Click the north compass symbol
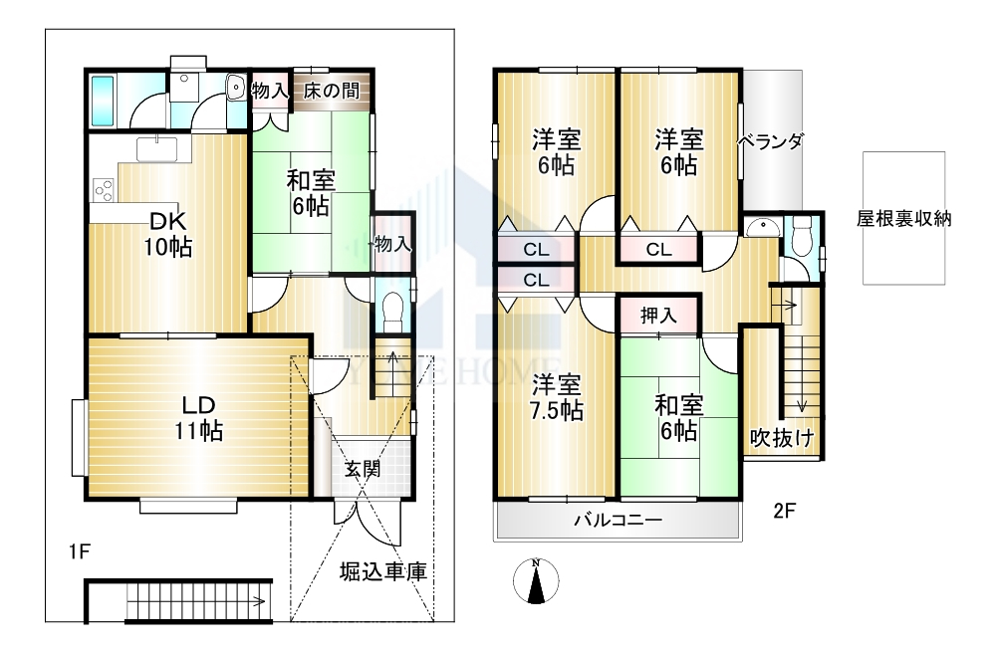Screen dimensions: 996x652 click(x=536, y=580)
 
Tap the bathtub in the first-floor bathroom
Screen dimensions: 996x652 click(x=103, y=101)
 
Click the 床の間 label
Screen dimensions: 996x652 click(x=331, y=91)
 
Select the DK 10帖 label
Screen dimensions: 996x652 click(x=167, y=234)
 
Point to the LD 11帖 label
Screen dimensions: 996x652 click(x=199, y=418)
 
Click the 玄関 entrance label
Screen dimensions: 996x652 click(x=363, y=469)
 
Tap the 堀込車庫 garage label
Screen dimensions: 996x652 click(x=383, y=571)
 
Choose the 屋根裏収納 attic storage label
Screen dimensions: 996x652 click(x=904, y=219)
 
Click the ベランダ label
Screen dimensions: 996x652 click(x=772, y=141)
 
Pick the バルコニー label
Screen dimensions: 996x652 click(x=619, y=521)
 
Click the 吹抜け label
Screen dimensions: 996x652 click(x=782, y=438)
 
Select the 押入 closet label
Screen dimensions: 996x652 click(x=658, y=315)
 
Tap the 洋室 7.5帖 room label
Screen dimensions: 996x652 click(x=557, y=398)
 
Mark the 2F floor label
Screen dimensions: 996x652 click(x=785, y=511)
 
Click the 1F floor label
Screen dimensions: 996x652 click(x=80, y=552)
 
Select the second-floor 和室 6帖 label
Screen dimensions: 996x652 click(x=679, y=418)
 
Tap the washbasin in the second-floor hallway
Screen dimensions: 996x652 click(x=761, y=227)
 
